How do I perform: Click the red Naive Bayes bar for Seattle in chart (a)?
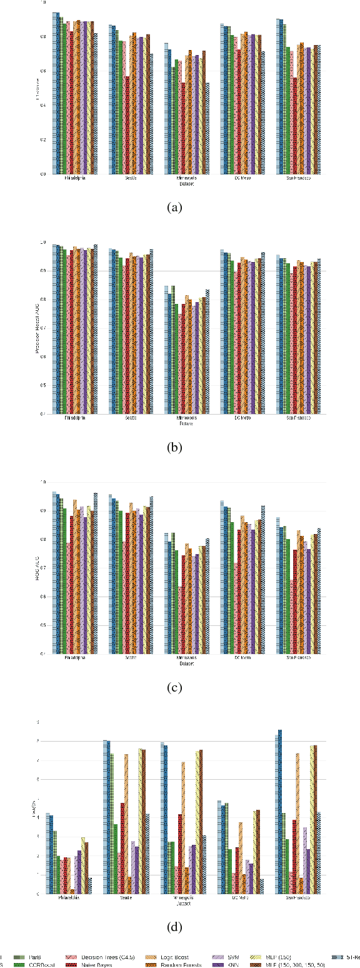tap(127, 125)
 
